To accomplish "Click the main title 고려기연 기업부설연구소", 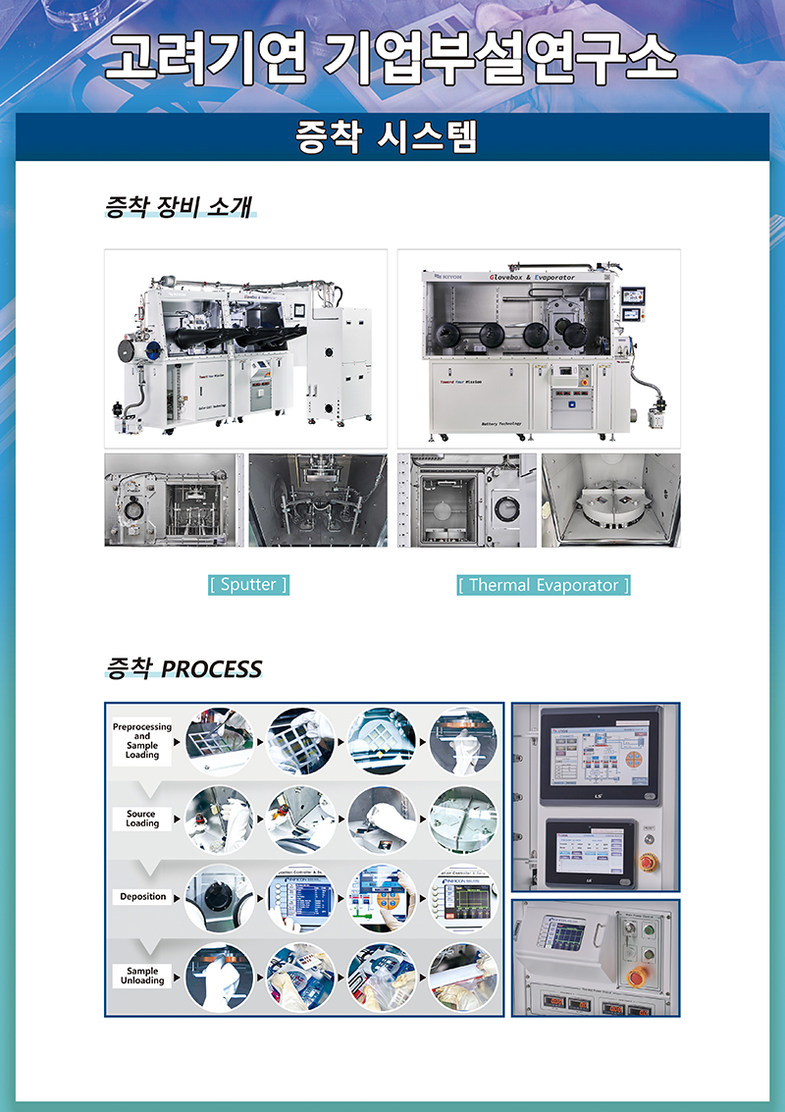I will pos(392,58).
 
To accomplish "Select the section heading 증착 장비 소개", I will pos(180,207).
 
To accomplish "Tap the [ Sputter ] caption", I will pos(248,585).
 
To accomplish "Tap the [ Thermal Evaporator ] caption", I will pos(544,585).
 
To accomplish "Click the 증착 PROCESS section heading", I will pos(183,669).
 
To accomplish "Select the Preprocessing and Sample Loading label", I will pos(142,742).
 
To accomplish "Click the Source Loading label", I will pos(142,819).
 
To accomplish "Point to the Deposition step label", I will pos(143,896).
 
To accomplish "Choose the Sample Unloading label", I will pos(143,976).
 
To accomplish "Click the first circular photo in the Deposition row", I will pos(219,898).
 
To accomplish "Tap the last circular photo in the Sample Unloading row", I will pos(463,977).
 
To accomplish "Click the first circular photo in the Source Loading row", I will pos(219,820).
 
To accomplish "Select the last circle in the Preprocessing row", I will pos(463,742).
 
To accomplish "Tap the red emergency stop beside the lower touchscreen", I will pos(649,861).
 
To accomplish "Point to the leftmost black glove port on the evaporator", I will pos(453,333).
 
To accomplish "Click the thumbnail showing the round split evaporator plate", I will pos(610,500).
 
